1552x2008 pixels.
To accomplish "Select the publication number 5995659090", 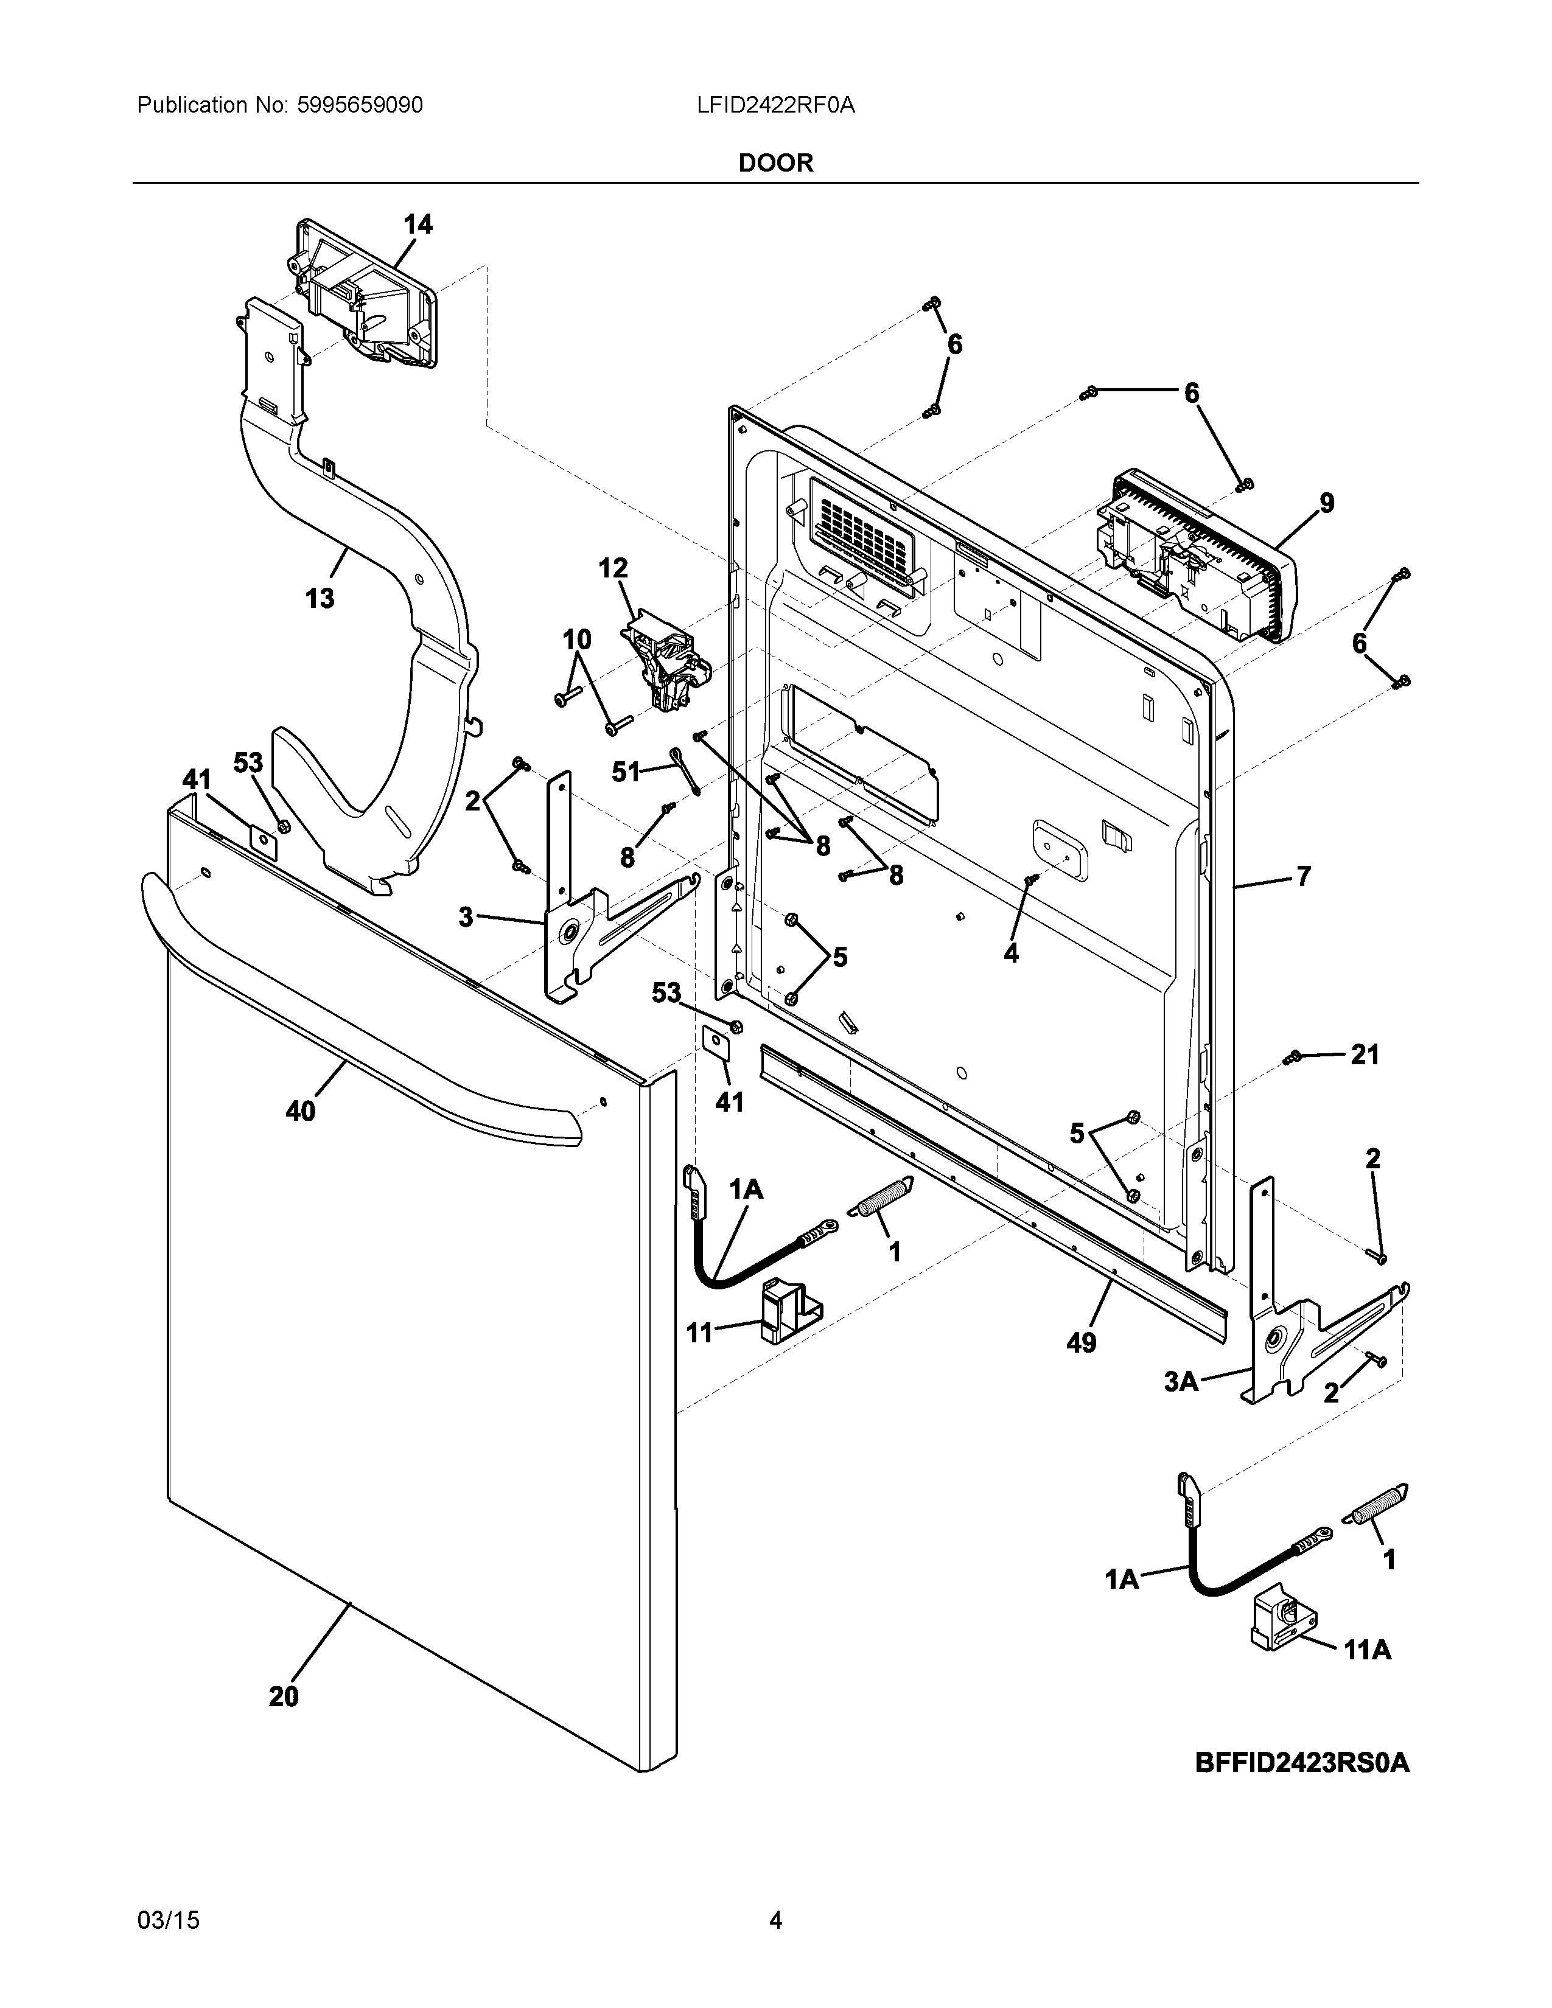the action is pos(360,106).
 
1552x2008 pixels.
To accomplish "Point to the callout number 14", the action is pos(418,225).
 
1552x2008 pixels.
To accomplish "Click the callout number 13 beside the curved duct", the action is pos(320,599).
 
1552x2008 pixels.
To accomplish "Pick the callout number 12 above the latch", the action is pos(613,568).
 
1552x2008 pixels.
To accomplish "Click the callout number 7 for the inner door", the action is pos(1303,876).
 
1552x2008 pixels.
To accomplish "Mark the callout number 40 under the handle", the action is pos(301,1112).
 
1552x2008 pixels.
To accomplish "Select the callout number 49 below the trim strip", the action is pos(1082,1344).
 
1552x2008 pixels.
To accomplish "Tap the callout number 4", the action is pos(1012,953).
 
